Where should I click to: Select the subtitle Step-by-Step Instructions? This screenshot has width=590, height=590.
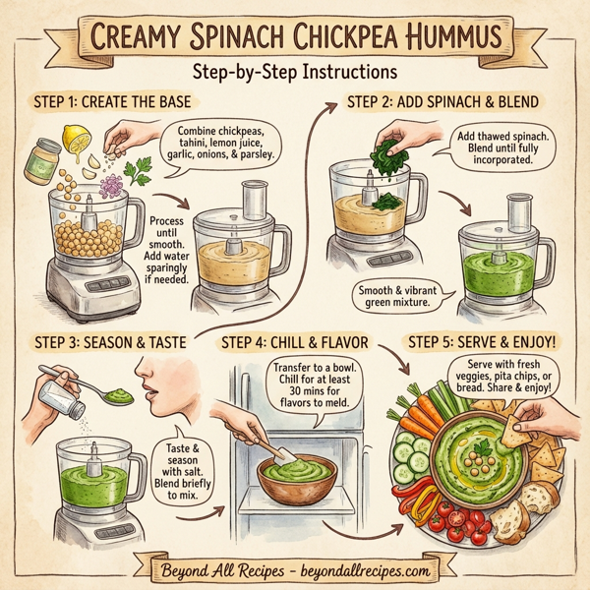click(x=294, y=74)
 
